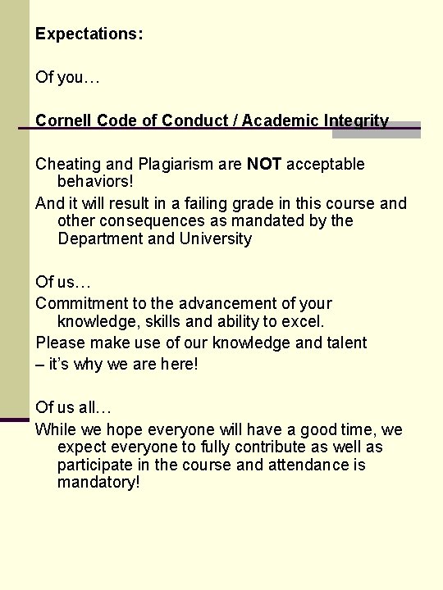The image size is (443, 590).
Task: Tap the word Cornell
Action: (64, 120)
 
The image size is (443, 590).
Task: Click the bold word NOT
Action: (264, 164)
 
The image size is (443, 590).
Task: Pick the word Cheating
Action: (67, 164)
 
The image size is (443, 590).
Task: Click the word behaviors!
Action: (95, 182)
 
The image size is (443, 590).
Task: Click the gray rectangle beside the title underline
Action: (387, 129)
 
